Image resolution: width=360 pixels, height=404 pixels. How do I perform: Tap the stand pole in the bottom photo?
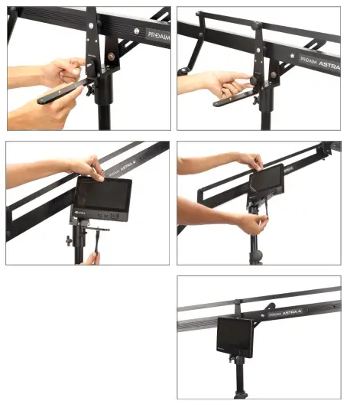click(239, 386)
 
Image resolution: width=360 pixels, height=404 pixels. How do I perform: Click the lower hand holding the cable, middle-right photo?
click(245, 223)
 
